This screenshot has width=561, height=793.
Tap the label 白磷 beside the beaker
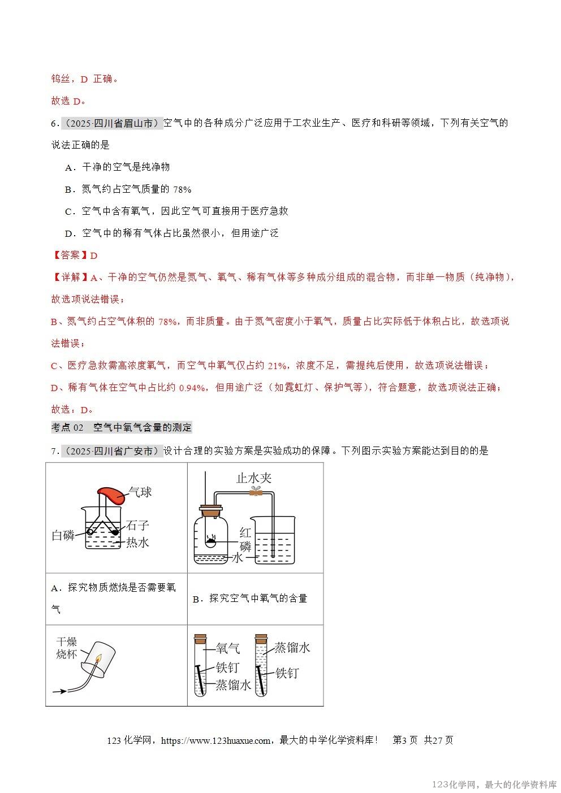pos(63,535)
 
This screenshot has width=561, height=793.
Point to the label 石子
pos(137,526)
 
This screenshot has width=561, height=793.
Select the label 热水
pos(137,542)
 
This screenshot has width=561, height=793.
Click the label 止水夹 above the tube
pos(254,478)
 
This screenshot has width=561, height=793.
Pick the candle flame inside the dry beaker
pos(98,658)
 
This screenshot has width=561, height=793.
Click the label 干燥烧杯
pos(66,648)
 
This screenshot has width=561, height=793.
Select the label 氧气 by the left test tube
pos(228,648)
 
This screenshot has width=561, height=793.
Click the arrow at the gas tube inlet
pos(59,691)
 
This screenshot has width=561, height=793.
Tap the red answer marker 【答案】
pos(70,255)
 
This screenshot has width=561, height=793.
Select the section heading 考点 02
pos(67,427)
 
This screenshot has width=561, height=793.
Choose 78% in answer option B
pos(182,189)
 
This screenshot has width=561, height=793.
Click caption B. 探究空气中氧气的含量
pos(249,599)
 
